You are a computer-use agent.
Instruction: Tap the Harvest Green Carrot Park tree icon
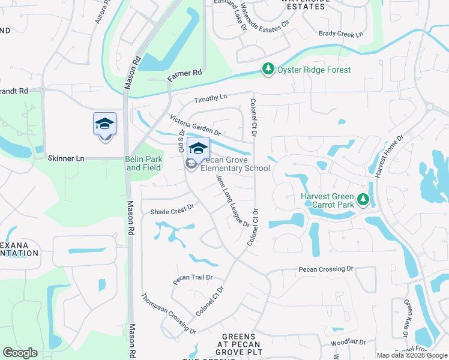tap(362, 199)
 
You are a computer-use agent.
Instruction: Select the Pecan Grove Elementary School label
tap(235, 164)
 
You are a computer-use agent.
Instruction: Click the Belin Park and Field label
tap(143, 163)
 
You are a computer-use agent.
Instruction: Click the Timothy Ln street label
tap(210, 97)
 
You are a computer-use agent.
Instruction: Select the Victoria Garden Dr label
tap(196, 125)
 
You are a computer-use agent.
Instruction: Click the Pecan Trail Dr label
tap(193, 278)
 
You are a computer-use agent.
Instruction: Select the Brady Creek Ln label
tap(342, 34)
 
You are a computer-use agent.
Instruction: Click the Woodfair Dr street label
tap(348, 343)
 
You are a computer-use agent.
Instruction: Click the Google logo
tap(20, 353)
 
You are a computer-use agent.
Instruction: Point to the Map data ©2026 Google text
tap(412, 355)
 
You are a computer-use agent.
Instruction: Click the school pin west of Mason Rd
tap(104, 125)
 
